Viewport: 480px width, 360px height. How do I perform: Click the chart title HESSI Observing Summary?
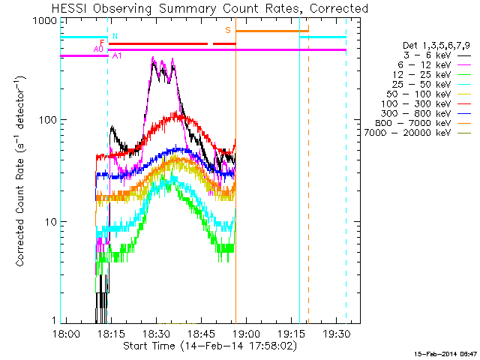[x=209, y=9]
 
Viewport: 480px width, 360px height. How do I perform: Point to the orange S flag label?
[x=228, y=30]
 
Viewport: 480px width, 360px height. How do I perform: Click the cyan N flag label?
[x=115, y=35]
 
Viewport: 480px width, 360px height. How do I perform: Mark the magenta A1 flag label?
[x=117, y=56]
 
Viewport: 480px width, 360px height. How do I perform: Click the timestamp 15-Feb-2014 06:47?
[x=443, y=352]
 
